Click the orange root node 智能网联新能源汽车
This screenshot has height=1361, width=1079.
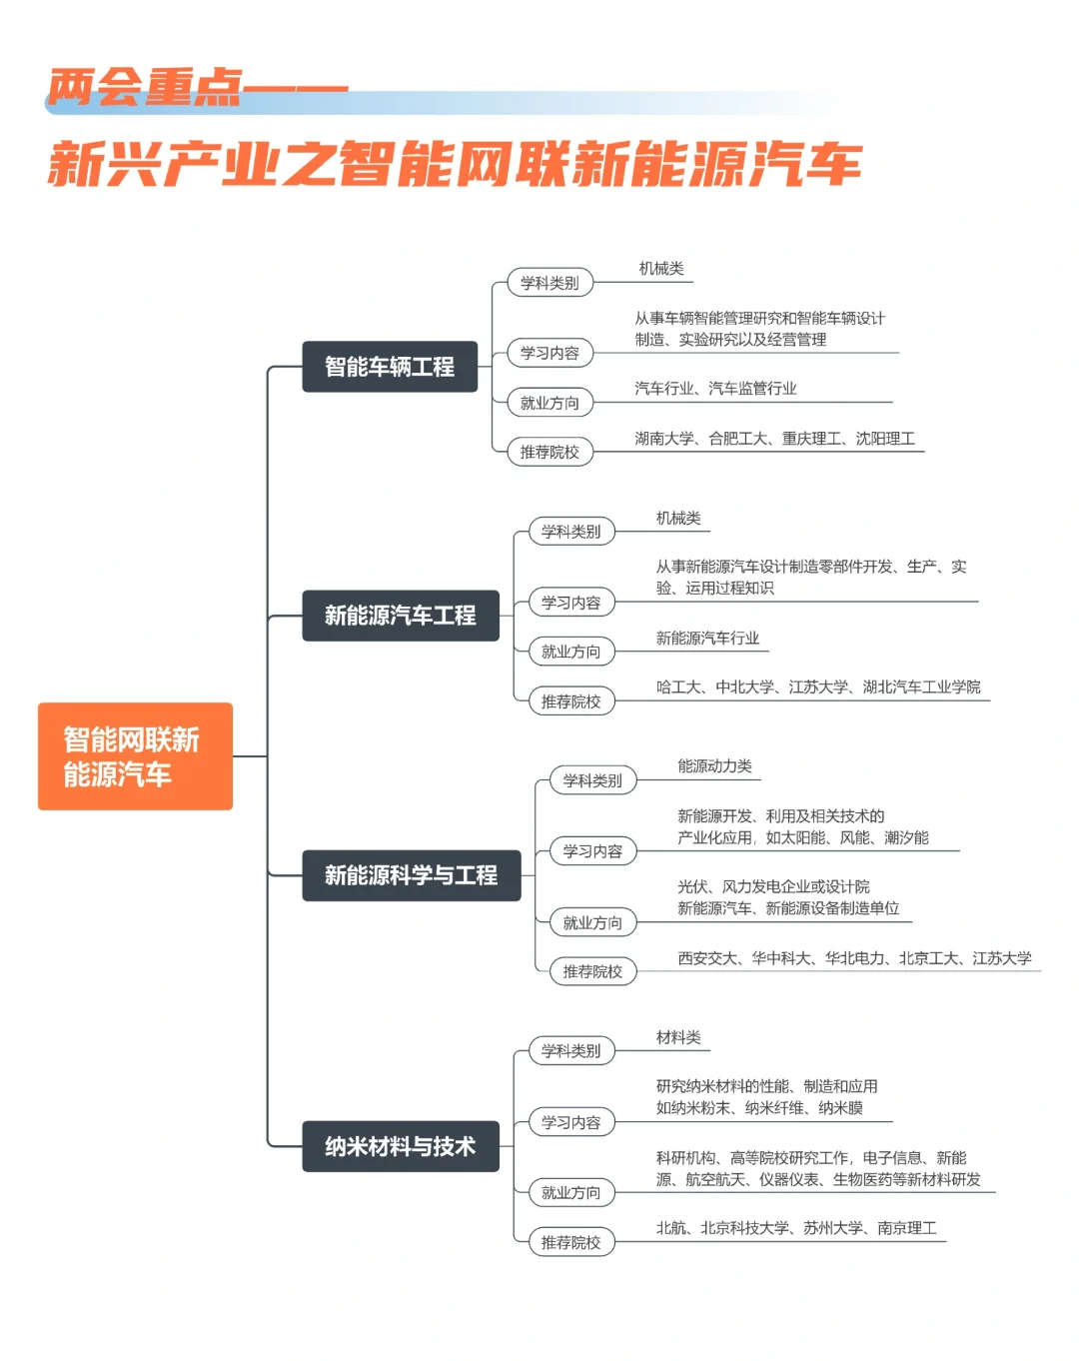coord(135,756)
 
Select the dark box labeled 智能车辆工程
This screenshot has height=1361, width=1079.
coord(390,367)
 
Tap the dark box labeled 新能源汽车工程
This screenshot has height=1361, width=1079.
coord(400,616)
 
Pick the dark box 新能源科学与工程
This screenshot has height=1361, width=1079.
coord(411,875)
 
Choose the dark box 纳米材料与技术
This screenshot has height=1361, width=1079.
coord(400,1146)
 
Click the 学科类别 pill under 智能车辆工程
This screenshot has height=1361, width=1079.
coord(549,283)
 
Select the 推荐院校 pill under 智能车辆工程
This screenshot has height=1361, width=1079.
coord(549,452)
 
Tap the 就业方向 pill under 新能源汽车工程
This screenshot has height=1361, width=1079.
coord(570,652)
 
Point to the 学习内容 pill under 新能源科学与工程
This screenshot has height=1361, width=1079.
coord(592,851)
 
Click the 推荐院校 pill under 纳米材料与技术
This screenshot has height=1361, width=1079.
coord(570,1242)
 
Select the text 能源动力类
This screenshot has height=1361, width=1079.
coord(714,766)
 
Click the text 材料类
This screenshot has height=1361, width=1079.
coord(678,1037)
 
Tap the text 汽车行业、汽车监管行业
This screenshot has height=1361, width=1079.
coord(715,388)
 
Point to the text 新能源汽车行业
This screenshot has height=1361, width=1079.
coord(707,638)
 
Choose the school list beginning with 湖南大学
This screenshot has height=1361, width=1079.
coord(774,438)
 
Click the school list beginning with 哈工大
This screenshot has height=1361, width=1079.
coord(817,686)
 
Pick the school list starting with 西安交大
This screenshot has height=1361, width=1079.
coord(854,958)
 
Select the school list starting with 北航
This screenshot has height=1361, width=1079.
coord(795,1228)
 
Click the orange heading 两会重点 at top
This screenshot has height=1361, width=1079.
coord(145,88)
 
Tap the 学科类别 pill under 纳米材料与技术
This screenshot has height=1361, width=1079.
coord(570,1051)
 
